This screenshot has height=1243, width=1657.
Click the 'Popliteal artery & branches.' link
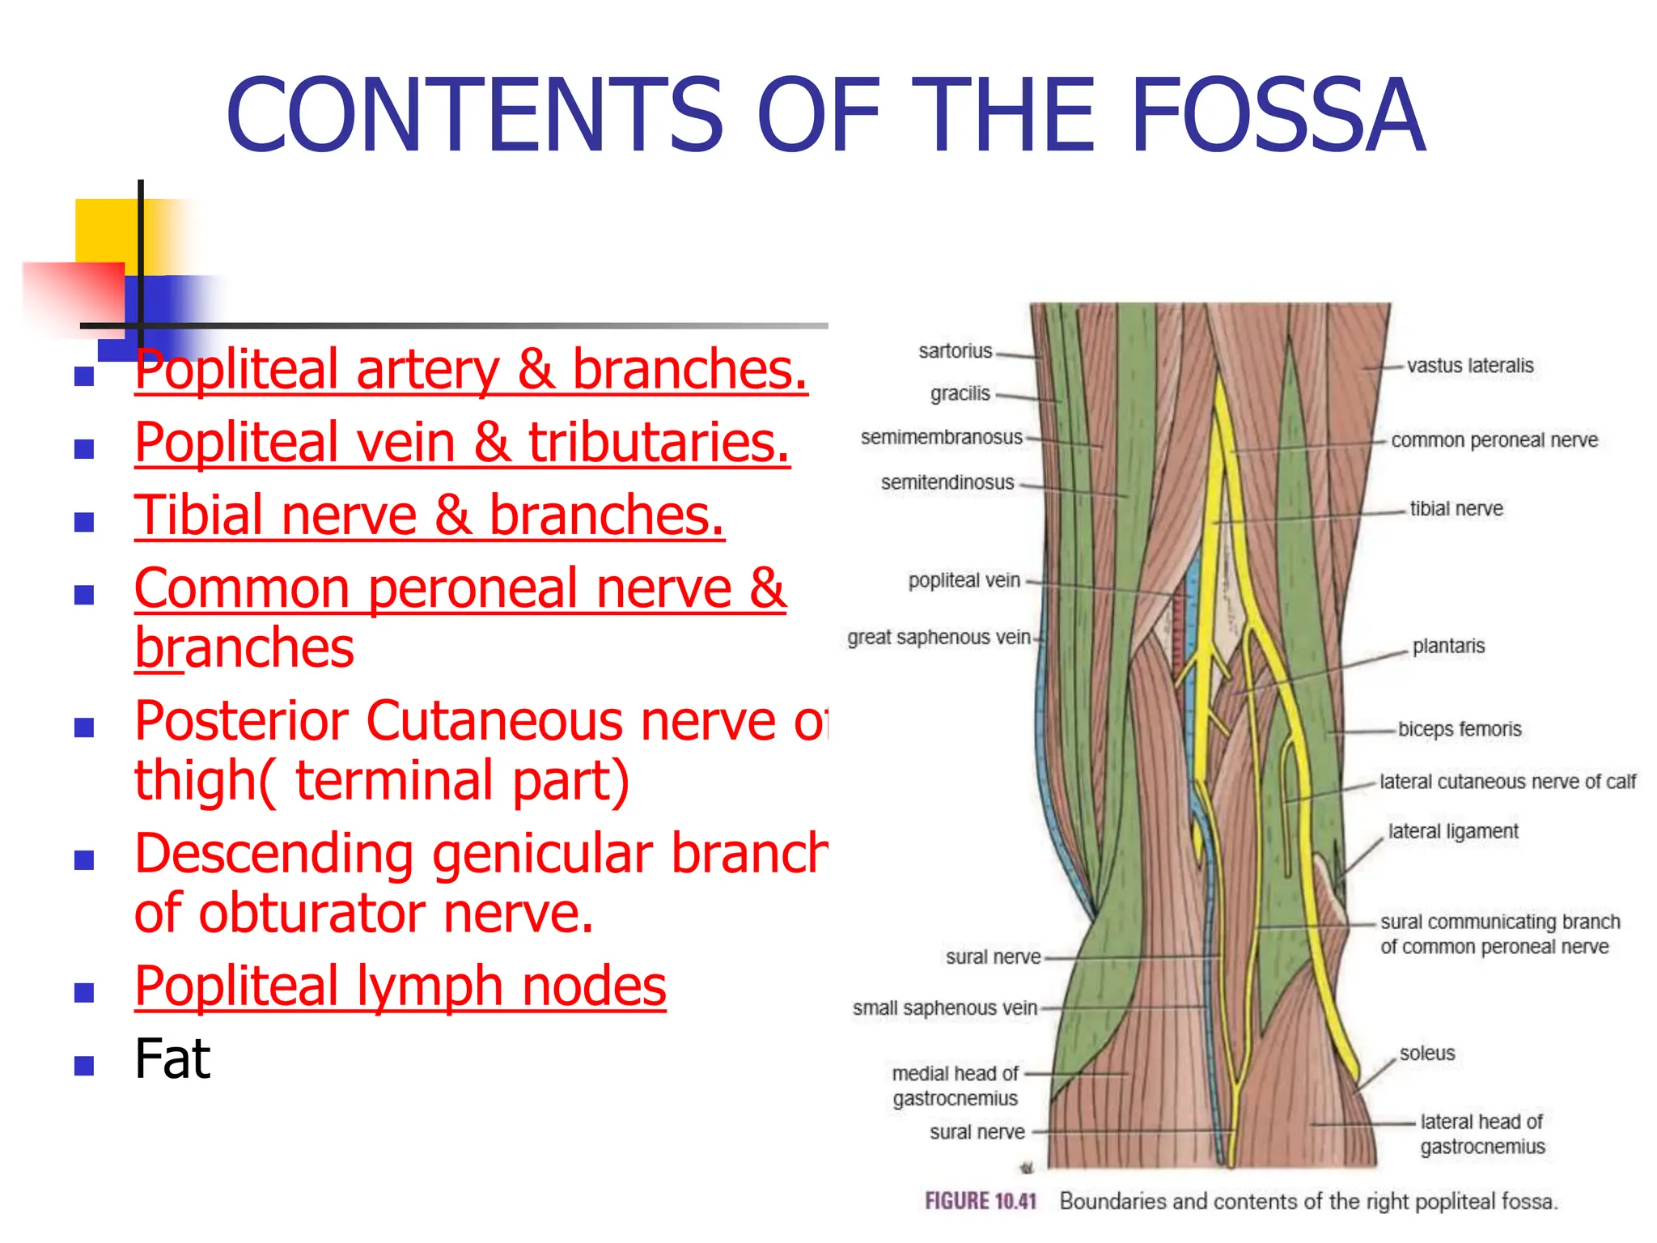[x=471, y=370]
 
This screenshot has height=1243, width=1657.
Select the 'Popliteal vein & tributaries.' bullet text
[x=462, y=443]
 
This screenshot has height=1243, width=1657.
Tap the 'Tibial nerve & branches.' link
[x=429, y=515]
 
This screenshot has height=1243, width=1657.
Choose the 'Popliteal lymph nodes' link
[x=400, y=986]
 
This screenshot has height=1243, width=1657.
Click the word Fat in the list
[x=172, y=1059]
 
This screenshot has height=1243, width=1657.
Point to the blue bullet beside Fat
[x=84, y=1065]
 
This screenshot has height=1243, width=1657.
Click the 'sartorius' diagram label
[x=955, y=351]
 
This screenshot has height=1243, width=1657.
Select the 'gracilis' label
[x=960, y=394]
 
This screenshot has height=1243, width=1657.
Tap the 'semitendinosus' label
[x=947, y=482]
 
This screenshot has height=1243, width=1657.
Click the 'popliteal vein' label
[x=964, y=580]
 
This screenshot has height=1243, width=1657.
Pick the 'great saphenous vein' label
[x=939, y=638]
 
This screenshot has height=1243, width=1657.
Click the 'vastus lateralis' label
[x=1469, y=366]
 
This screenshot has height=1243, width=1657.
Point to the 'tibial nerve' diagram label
[x=1456, y=509]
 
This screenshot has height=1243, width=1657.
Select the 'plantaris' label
[x=1448, y=647]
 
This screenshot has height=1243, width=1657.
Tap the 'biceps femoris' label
[x=1459, y=729]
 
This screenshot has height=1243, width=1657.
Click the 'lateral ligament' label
[x=1452, y=832]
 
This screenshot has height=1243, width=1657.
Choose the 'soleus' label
[x=1426, y=1054]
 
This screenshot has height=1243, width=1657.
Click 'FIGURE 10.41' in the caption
[x=980, y=1201]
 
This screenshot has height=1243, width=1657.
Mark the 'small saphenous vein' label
[x=944, y=1008]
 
